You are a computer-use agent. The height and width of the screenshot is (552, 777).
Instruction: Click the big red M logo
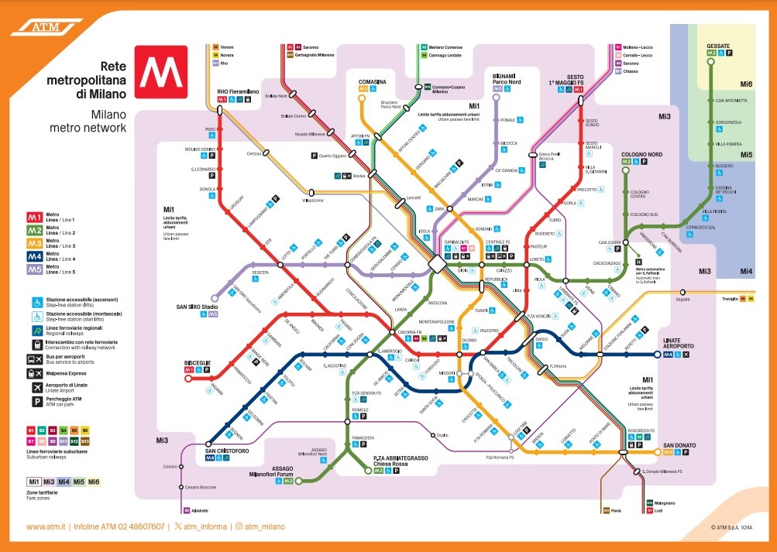tap(160, 70)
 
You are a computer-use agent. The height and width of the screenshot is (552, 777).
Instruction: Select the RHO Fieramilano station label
tap(238, 91)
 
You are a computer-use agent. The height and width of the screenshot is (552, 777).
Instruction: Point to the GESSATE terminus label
tap(717, 46)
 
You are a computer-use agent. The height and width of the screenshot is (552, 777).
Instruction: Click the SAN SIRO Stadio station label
tap(199, 307)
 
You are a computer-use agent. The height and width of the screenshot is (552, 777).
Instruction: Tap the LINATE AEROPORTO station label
tap(682, 344)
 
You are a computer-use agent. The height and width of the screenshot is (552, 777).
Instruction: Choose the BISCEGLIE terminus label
tap(198, 362)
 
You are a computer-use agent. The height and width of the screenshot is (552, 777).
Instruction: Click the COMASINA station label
tap(372, 81)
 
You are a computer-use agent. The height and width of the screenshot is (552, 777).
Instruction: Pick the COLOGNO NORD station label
tap(641, 154)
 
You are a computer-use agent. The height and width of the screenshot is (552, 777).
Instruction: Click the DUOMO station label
tap(469, 341)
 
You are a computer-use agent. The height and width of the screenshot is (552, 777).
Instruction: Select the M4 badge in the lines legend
tap(36, 255)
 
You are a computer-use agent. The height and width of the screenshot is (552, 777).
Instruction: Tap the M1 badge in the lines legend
tap(36, 216)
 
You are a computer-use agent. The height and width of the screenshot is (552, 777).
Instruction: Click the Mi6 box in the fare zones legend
tap(94, 482)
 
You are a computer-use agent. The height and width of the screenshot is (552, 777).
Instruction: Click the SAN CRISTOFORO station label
tap(227, 450)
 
